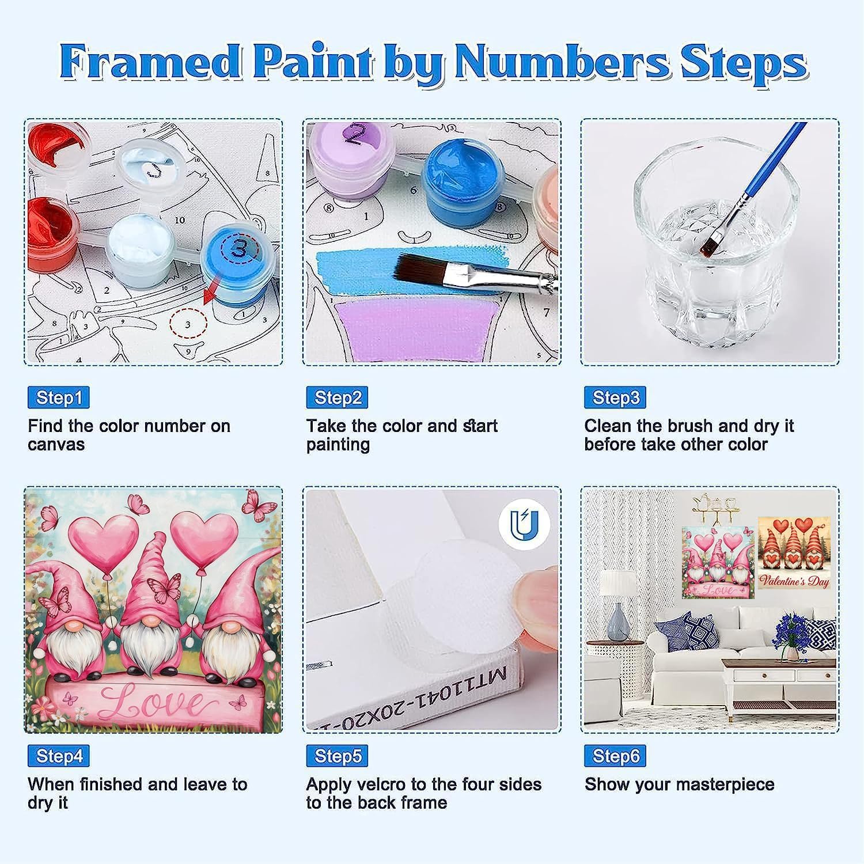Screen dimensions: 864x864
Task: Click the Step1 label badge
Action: point(58,397)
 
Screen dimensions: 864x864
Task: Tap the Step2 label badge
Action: point(337,397)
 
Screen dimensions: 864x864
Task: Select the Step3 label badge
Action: point(615,397)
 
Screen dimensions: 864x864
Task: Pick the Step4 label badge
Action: point(58,756)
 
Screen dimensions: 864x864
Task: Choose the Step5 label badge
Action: point(337,756)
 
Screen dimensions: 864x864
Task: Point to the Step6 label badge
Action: point(615,756)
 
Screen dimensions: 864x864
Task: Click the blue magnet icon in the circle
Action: point(524,524)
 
